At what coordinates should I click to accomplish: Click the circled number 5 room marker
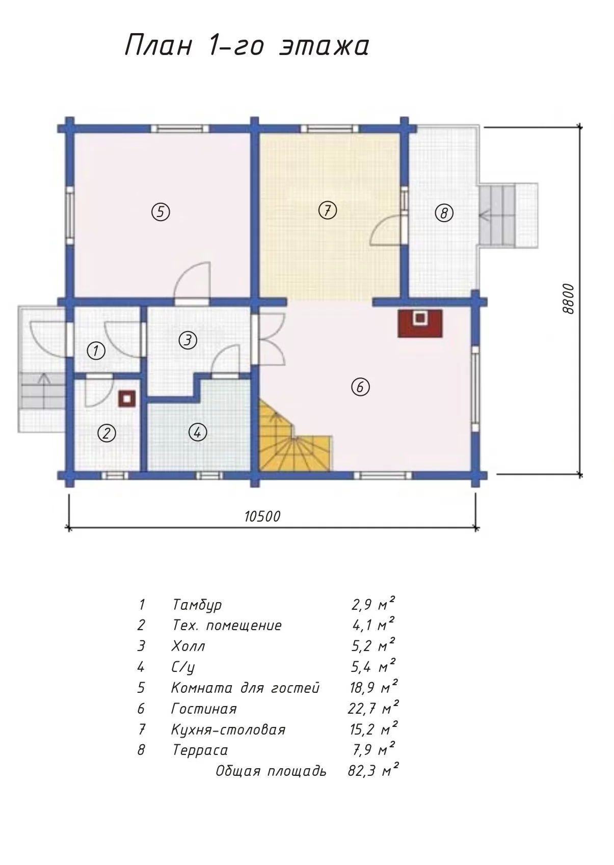(x=161, y=211)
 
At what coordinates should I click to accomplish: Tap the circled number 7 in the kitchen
(x=327, y=210)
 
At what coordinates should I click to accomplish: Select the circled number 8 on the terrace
(x=444, y=213)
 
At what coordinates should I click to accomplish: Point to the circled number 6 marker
(x=360, y=387)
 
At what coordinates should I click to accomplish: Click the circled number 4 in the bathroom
(x=198, y=432)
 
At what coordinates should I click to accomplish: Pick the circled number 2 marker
(x=106, y=434)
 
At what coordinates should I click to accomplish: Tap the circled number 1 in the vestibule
(x=96, y=351)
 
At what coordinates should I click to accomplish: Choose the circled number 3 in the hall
(x=188, y=340)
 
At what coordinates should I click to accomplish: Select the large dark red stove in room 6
(x=420, y=323)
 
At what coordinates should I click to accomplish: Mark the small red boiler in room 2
(x=127, y=399)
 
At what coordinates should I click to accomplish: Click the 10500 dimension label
(x=262, y=516)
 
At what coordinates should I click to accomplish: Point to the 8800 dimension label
(x=568, y=299)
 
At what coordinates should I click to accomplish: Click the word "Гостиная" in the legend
(x=204, y=709)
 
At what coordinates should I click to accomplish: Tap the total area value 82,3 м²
(x=373, y=771)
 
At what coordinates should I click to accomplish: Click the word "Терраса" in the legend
(x=200, y=750)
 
